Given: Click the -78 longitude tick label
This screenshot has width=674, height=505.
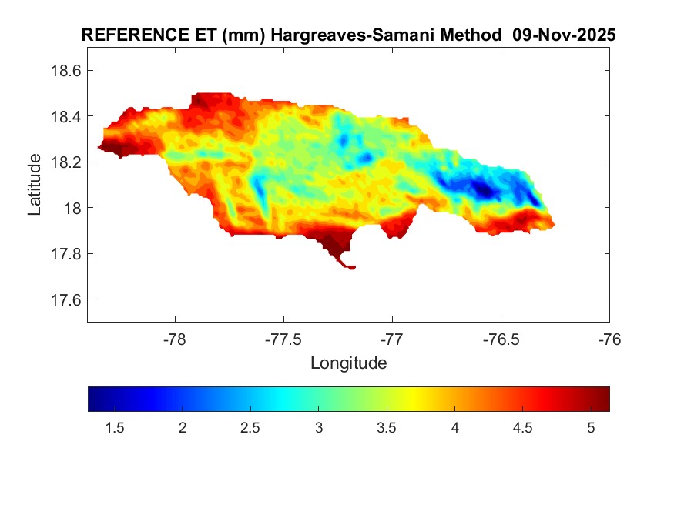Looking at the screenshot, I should (x=175, y=339).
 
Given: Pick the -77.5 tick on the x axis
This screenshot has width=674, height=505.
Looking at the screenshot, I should (x=283, y=339).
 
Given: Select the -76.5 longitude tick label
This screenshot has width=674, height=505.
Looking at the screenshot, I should (x=501, y=339).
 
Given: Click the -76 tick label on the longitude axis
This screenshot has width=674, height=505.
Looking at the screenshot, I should (x=609, y=339).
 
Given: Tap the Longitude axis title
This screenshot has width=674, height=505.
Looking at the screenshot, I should (x=348, y=363).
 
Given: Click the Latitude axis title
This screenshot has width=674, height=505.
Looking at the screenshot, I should (x=35, y=185).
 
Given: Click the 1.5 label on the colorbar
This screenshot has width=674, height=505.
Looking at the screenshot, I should (x=115, y=429).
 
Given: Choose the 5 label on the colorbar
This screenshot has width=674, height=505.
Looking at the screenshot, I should (x=591, y=429).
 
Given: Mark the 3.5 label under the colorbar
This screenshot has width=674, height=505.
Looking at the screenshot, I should (x=387, y=429).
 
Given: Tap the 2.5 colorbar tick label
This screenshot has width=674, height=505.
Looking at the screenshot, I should (x=250, y=429).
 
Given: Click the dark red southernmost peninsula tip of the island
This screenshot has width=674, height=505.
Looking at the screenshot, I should (x=350, y=267).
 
